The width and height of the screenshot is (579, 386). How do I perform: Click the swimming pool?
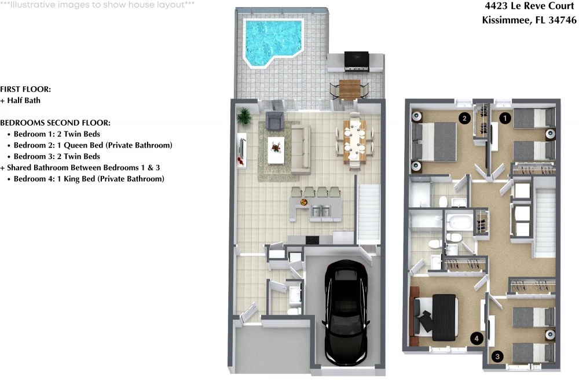273,41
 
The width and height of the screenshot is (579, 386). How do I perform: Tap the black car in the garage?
346,312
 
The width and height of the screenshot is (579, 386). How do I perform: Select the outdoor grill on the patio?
356,61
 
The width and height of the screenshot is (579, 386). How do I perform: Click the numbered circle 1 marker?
505,118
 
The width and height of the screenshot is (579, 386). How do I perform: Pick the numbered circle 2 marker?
464,118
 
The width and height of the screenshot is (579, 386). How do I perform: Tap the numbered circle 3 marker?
497,356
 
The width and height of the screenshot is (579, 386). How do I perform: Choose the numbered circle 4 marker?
477,338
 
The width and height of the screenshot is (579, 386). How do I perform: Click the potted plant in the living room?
244,117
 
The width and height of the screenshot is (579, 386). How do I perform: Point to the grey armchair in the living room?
274,120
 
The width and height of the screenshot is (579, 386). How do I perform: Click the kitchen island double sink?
321,212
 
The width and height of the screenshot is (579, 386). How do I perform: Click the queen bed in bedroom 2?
434,141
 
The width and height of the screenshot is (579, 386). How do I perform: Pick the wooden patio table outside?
349,89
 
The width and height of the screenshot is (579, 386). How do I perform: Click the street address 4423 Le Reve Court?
529,6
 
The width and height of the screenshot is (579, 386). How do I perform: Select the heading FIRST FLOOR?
25,89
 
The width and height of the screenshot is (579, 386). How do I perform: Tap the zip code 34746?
562,20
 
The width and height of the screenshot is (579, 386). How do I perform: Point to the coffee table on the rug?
276,150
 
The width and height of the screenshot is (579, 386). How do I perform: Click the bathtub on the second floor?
459,222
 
